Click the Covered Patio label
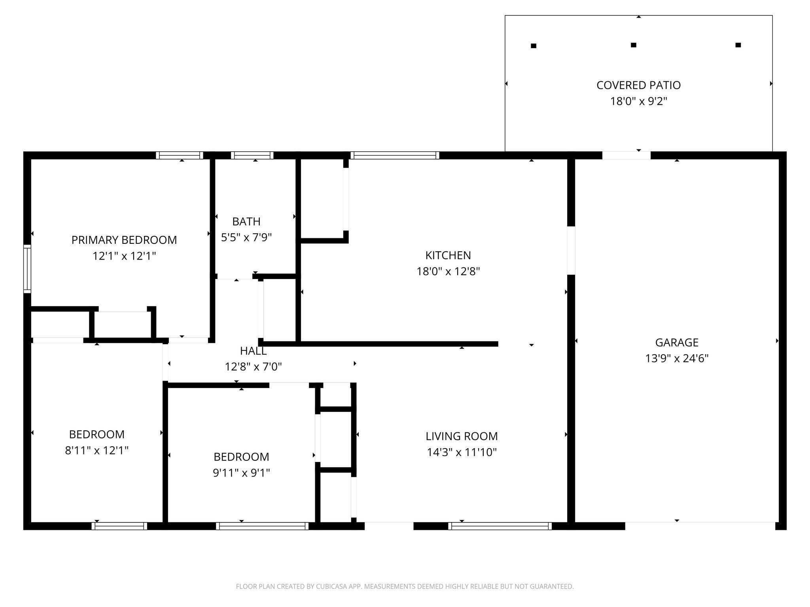tap(638, 85)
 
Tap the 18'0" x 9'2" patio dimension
tap(638, 101)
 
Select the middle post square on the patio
tap(633, 45)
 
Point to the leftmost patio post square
tap(533, 46)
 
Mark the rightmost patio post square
tap(738, 45)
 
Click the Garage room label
tap(677, 342)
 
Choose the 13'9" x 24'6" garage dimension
tap(677, 358)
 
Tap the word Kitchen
tap(448, 255)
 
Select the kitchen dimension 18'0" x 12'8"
tap(448, 271)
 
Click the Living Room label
tap(462, 436)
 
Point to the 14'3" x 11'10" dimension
tap(462, 452)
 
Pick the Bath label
tap(246, 221)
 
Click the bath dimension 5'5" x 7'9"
tap(246, 238)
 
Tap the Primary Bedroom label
tap(124, 240)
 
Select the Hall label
tap(253, 351)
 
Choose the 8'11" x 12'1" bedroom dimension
tap(97, 451)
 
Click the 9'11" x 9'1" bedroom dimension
tap(241, 473)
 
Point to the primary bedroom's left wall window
tap(27, 269)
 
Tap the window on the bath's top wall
tap(252, 155)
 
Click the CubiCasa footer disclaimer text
tap(405, 586)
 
